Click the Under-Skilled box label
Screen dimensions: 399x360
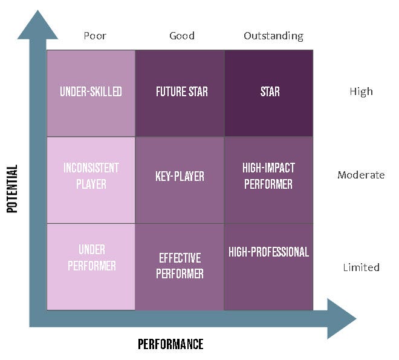pos(91,91)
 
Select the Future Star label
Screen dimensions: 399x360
pos(182,91)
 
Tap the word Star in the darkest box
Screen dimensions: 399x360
pos(270,91)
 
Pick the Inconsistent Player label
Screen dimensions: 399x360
pos(91,176)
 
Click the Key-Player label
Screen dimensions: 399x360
pos(180,176)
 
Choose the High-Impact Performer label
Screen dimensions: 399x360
pos(268,176)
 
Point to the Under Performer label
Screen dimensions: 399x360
pos(92,257)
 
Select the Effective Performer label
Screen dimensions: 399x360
pos(180,266)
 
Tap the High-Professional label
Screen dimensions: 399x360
pos(268,252)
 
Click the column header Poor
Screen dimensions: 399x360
pos(95,36)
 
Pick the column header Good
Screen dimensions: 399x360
pos(182,36)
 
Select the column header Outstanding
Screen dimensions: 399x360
pos(273,36)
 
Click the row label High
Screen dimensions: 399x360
pos(361,91)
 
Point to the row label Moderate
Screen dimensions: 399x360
pos(361,175)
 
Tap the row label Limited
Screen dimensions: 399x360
pos(361,267)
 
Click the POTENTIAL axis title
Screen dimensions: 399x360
pos(12,189)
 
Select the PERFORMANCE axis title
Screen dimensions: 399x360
pos(170,344)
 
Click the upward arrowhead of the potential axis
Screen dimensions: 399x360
pos(37,25)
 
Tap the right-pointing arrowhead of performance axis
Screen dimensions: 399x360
pos(341,318)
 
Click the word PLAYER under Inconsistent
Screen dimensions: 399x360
pos(91,184)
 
